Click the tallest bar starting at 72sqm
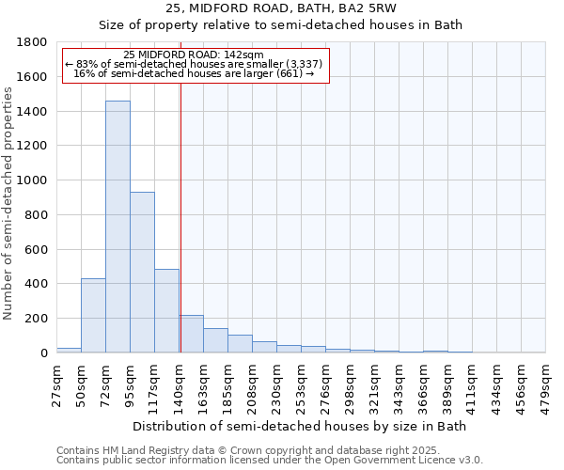pos(117,227)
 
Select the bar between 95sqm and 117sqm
pos(142,273)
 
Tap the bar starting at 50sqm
pos(93,316)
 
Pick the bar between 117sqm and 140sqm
pos(166,311)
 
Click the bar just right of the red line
pos(192,334)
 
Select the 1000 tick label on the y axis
pos(33,180)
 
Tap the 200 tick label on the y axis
pos(37,319)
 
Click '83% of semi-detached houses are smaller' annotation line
pos(195,64)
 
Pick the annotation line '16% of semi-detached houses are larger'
pos(195,73)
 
